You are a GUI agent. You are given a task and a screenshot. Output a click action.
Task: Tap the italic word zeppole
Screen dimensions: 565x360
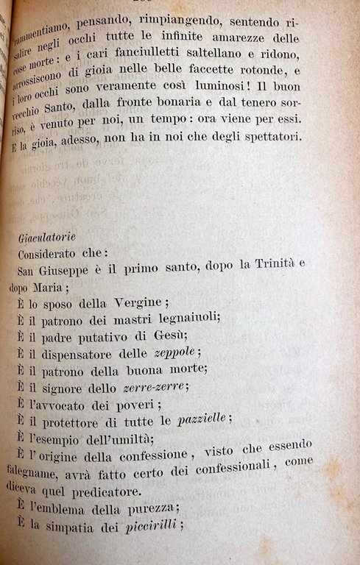[176, 352]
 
